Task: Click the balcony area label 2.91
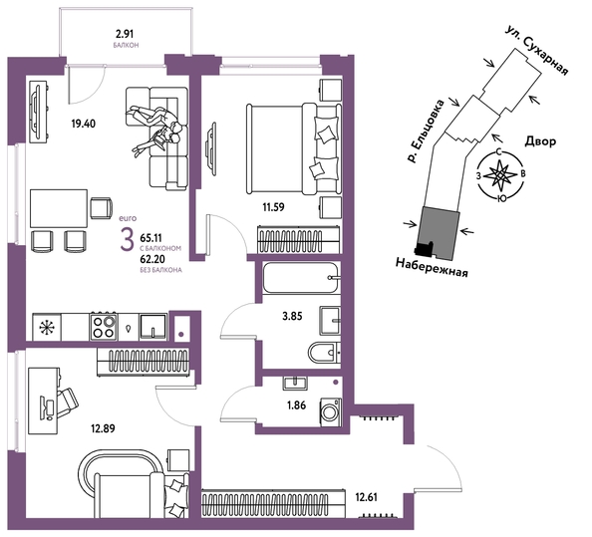coord(125,34)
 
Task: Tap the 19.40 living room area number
coord(84,124)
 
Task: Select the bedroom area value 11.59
coord(273,207)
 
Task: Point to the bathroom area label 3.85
coord(292,316)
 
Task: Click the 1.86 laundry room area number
coord(296,405)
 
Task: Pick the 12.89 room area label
coord(103,428)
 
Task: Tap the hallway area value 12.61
coord(366,497)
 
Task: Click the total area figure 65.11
coord(150,238)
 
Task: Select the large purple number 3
coord(127,240)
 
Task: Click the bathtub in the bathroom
coord(301,278)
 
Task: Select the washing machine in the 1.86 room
coord(331,412)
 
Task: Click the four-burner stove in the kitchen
coord(104,327)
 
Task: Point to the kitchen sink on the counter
coord(152,327)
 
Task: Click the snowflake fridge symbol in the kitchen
coord(47,327)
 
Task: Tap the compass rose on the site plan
coord(500,175)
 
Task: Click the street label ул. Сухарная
coord(537,51)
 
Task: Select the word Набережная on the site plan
coord(432,267)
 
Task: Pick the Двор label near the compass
coord(540,141)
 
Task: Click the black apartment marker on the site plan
coord(424,248)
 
